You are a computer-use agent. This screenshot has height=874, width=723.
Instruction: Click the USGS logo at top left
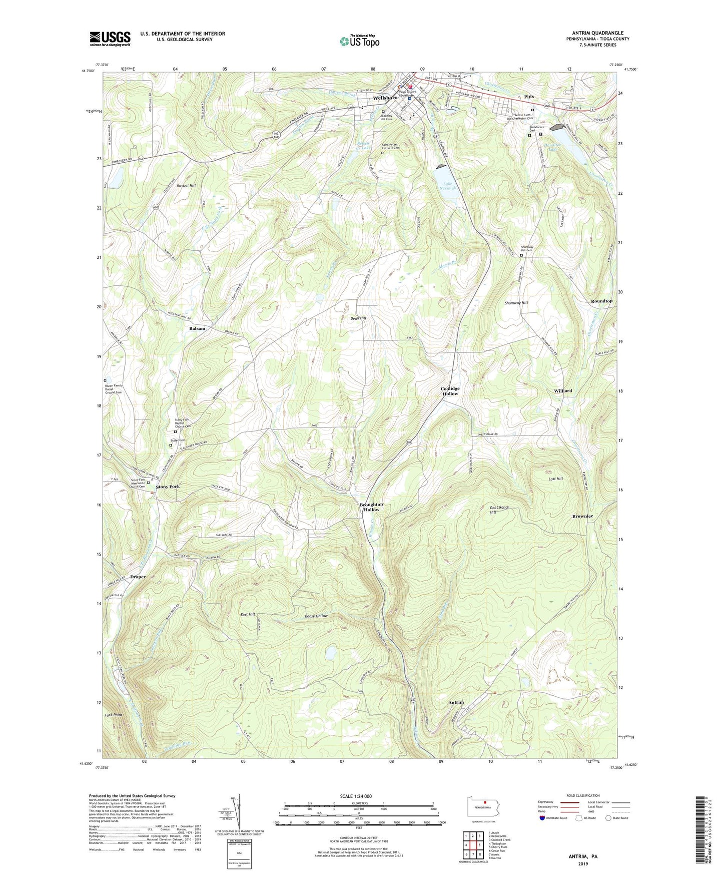pyautogui.click(x=110, y=39)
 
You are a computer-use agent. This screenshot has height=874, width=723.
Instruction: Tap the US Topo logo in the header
pyautogui.click(x=359, y=41)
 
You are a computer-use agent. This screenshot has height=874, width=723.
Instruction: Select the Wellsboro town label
pyautogui.click(x=385, y=98)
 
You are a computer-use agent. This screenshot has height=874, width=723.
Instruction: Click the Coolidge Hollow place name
pyautogui.click(x=450, y=391)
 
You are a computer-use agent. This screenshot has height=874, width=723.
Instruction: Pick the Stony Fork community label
pyautogui.click(x=168, y=487)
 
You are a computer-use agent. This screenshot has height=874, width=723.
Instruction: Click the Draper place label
pyautogui.click(x=138, y=577)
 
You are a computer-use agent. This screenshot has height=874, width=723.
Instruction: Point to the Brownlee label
pyautogui.click(x=582, y=516)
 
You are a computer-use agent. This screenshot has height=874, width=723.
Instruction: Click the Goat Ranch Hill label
pyautogui.click(x=499, y=510)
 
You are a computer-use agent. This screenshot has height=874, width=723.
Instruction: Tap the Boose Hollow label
pyautogui.click(x=316, y=616)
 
